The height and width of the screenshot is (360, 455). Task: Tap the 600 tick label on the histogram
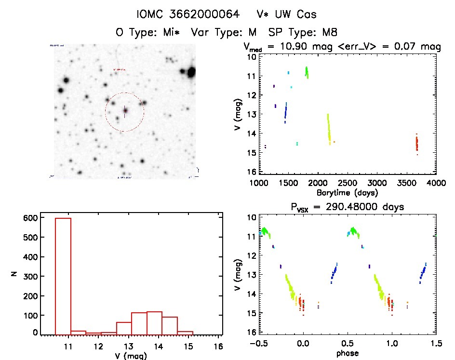pos(29,217)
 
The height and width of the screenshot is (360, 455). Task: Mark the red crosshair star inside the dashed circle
pos(125,111)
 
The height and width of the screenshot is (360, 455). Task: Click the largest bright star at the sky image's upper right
pos(191,73)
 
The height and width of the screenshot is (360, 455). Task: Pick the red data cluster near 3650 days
pos(417,143)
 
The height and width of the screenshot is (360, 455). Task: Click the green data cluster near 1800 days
pos(307,72)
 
